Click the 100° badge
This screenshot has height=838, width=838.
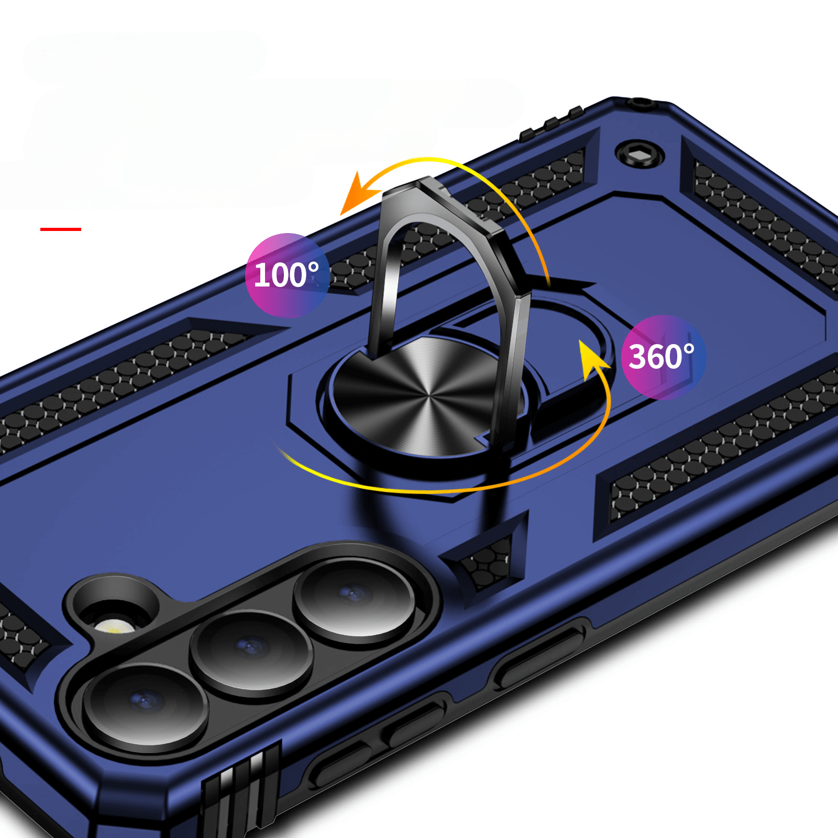pyautogui.click(x=287, y=275)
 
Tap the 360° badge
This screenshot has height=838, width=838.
pyautogui.click(x=663, y=357)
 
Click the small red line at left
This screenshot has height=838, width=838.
pyautogui.click(x=61, y=229)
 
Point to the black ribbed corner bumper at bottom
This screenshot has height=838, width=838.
pyautogui.click(x=241, y=791)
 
